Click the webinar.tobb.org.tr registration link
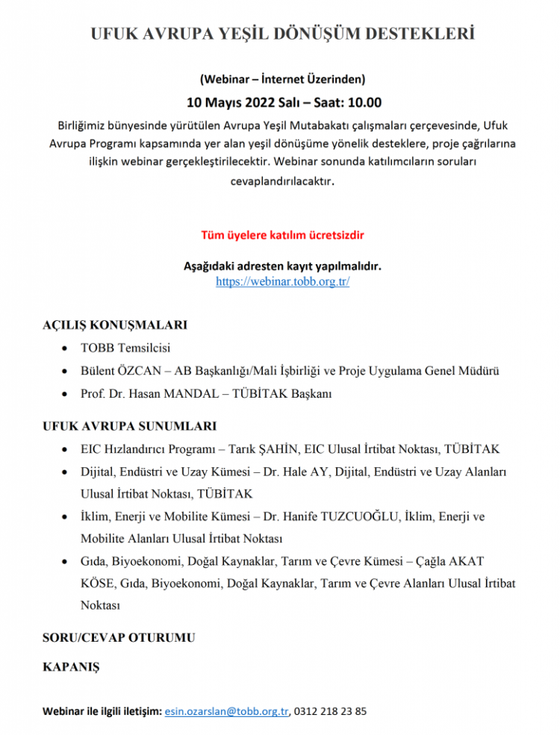pyautogui.click(x=282, y=281)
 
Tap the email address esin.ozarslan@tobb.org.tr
pyautogui.click(x=226, y=711)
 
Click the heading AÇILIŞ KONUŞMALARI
pyautogui.click(x=115, y=325)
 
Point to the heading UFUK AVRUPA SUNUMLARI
pyautogui.click(x=130, y=426)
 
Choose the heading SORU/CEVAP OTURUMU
pyautogui.click(x=119, y=638)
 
